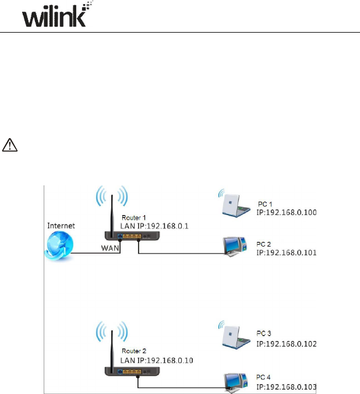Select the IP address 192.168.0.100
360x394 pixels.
point(287,213)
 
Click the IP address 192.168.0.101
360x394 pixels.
point(287,253)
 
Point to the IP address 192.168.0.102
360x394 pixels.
point(287,344)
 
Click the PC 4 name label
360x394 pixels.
point(264,378)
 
